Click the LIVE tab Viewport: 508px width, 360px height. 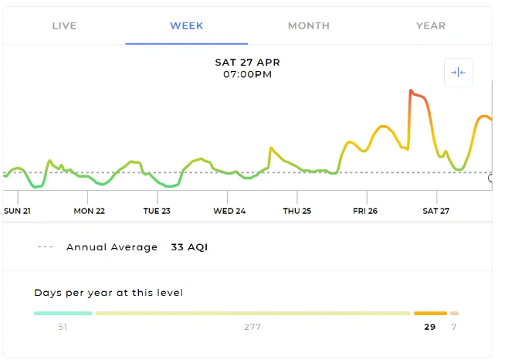click(64, 25)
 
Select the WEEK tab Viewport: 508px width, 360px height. click(187, 25)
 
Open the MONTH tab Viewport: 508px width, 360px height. click(309, 25)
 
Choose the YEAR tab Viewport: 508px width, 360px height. click(431, 25)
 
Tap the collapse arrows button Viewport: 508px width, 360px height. click(458, 72)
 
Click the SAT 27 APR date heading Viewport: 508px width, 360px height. click(247, 62)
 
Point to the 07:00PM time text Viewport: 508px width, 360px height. click(247, 75)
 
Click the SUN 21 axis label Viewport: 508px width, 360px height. click(17, 211)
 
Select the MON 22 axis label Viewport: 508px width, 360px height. click(89, 211)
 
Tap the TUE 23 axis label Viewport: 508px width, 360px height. click(157, 211)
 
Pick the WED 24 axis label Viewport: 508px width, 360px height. click(229, 211)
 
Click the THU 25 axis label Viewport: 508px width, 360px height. click(296, 211)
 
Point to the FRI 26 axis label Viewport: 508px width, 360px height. click(365, 211)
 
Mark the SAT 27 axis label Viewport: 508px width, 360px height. click(435, 211)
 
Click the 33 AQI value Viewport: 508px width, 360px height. click(189, 248)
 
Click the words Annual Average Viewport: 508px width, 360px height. click(112, 248)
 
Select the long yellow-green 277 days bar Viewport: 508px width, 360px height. click(252, 313)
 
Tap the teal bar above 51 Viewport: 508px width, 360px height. click(63, 313)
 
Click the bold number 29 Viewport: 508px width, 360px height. click(429, 327)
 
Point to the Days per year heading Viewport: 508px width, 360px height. click(108, 293)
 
